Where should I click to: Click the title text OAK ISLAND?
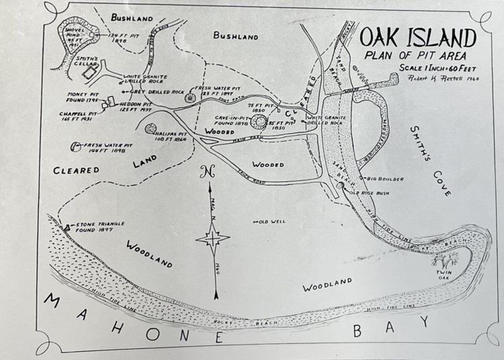click(x=417, y=38)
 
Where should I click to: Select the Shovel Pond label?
click(x=73, y=34)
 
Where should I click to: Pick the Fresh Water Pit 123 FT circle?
click(x=190, y=98)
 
